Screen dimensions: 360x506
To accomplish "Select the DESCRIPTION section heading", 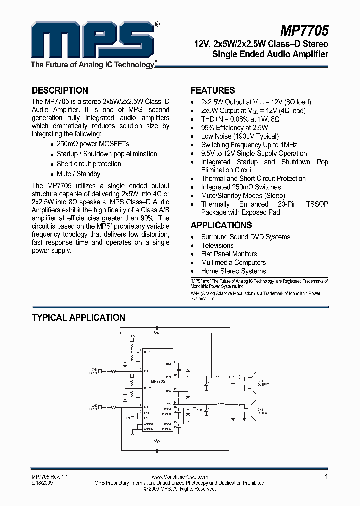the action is [x=60, y=91].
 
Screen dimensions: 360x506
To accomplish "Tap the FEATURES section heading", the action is [x=213, y=91].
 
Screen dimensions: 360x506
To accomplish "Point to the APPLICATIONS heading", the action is [x=221, y=225].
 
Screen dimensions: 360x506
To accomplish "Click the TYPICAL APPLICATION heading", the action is [x=78, y=318].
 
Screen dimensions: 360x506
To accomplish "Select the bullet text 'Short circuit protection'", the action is [x=89, y=164].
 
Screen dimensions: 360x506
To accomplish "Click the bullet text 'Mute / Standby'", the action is [x=78, y=174].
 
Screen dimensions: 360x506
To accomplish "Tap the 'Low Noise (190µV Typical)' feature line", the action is [x=240, y=136].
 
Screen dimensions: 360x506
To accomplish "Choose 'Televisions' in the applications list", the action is [x=217, y=245].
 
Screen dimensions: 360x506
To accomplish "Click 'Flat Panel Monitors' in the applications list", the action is [x=229, y=254].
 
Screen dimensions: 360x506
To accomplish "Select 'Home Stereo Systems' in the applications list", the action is [x=233, y=271].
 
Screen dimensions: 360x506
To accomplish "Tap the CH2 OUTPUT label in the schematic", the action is [x=263, y=412].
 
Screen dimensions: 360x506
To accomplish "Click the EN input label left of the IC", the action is [x=128, y=417].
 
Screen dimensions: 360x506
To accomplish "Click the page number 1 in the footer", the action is [x=326, y=477].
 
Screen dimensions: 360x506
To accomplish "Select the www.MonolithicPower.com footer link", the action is [x=179, y=477].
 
